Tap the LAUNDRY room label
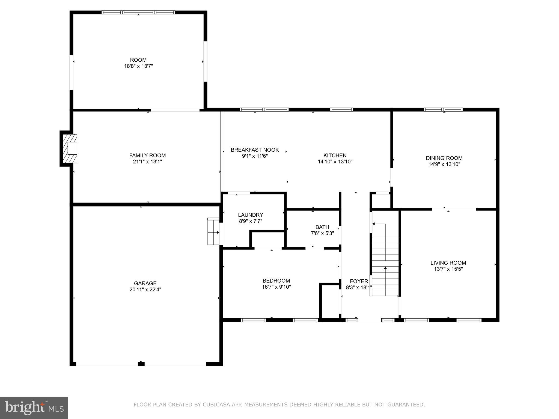click(x=250, y=215)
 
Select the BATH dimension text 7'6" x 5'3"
click(x=322, y=233)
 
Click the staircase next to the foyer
click(x=385, y=266)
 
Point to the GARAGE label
click(x=145, y=283)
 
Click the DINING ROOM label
click(x=444, y=158)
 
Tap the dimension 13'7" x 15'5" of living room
click(x=448, y=269)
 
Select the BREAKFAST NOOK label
click(x=255, y=150)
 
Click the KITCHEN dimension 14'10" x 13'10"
click(x=335, y=161)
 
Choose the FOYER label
click(x=359, y=281)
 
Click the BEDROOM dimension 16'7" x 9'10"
click(x=276, y=287)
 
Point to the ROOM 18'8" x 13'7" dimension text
click(x=138, y=66)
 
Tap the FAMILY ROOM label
click(x=147, y=155)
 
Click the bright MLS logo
click(x=34, y=407)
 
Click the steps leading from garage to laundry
click(x=213, y=231)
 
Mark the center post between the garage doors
click(x=141, y=364)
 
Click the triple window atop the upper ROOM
click(x=138, y=12)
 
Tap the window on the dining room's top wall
click(x=443, y=110)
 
